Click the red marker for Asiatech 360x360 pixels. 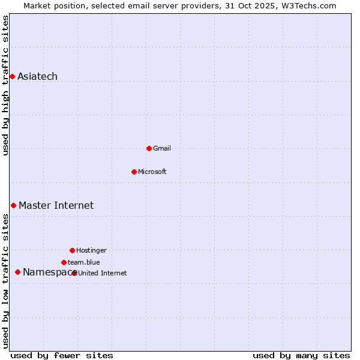(12, 76)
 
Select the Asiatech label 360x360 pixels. (37, 76)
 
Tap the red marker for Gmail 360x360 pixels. (149, 148)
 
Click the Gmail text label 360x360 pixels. (162, 148)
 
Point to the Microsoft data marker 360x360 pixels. (134, 172)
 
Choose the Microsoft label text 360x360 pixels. (152, 172)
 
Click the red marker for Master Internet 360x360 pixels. (13, 205)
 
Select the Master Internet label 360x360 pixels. (56, 205)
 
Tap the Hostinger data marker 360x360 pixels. (72, 250)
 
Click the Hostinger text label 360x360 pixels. (91, 250)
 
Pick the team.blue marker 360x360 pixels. (64, 262)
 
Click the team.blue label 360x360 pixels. (83, 262)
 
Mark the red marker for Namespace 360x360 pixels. (17, 272)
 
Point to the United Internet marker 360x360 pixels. (74, 273)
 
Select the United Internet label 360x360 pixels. (103, 273)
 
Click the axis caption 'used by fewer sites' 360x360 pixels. (62, 355)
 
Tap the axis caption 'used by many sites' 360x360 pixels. (301, 355)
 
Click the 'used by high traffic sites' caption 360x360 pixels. (6, 85)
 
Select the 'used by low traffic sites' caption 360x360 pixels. (6, 281)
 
